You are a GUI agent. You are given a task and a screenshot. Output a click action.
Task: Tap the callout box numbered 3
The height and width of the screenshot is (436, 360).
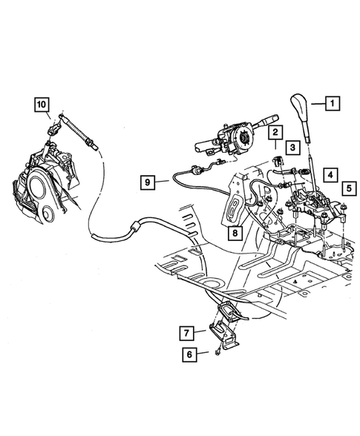294,149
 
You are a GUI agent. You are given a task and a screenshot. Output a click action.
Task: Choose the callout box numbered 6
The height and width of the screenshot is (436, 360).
190,354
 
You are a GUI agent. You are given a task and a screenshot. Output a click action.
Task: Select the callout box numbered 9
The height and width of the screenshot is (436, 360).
148,181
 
